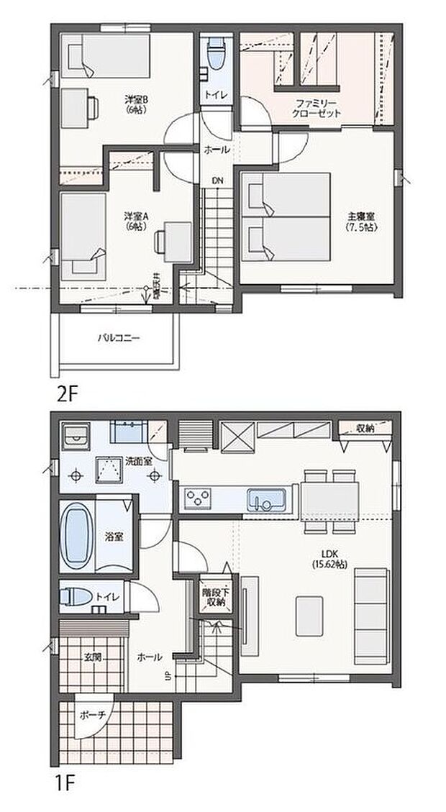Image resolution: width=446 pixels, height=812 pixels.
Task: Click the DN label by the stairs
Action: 217,181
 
